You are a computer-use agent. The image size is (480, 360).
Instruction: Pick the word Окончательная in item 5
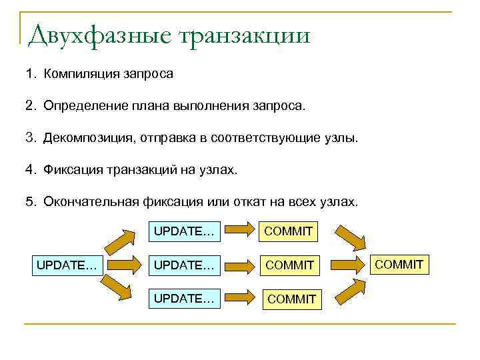(x=91, y=202)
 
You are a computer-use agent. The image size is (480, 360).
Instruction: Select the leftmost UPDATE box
(x=67, y=265)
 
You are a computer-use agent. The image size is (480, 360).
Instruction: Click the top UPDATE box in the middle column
(x=185, y=231)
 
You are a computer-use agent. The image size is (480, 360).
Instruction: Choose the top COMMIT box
(x=289, y=231)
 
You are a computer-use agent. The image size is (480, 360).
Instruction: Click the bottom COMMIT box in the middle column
(x=291, y=299)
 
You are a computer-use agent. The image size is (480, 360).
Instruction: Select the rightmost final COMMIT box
(x=399, y=265)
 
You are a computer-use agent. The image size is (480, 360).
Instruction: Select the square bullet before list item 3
(x=30, y=139)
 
